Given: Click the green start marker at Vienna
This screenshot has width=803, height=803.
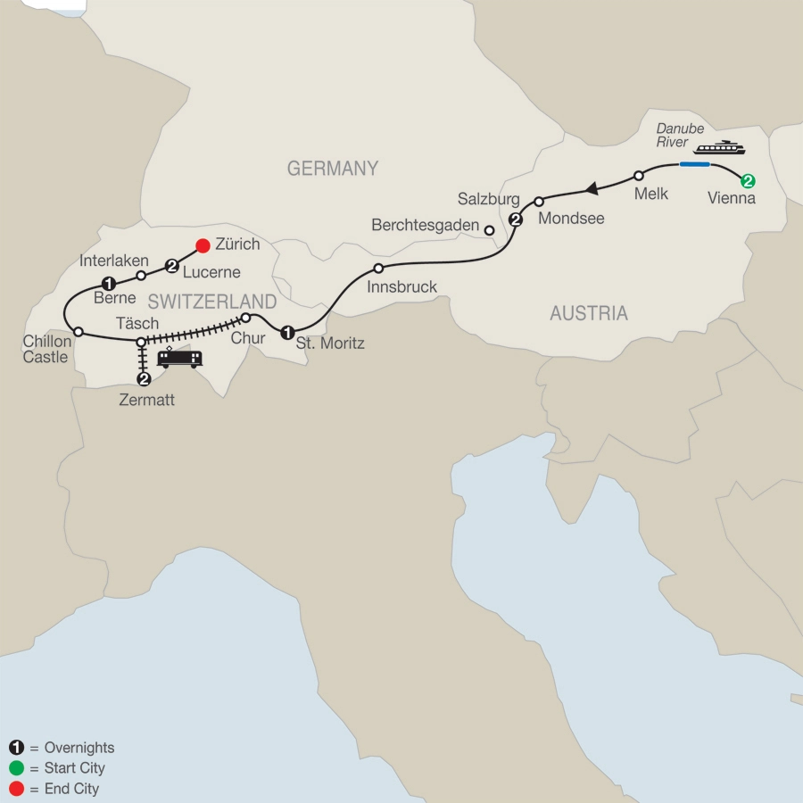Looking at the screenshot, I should pos(749,181).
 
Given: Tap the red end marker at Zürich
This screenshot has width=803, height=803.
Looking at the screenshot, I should pos(203,244).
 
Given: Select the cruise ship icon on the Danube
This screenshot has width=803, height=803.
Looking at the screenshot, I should pos(719,147).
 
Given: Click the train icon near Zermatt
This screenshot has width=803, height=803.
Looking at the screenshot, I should pos(179,358).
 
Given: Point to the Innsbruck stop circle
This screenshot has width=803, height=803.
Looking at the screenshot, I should pos(378,268).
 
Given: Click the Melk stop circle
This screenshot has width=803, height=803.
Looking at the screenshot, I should pos(639,176).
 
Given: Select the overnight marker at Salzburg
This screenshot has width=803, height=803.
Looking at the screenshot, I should pos(515,219).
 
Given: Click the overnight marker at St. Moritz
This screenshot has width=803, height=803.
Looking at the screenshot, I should pos(287,333).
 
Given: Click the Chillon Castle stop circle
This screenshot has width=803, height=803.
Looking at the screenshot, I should pos(79,332).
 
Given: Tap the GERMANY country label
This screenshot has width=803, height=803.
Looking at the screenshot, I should pos(332,169).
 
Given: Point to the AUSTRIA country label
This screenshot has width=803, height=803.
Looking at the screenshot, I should pos(588,313).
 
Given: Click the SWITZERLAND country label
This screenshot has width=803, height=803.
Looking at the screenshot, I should pos(211,301).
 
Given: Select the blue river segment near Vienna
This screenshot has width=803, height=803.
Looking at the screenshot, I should pos(694,165).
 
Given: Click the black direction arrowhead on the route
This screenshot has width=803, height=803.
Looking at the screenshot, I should pos(590,188).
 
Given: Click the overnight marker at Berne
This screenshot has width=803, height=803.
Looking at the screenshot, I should pos(108,283).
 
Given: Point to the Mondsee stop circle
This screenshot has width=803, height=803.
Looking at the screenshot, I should pos(539,202).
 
